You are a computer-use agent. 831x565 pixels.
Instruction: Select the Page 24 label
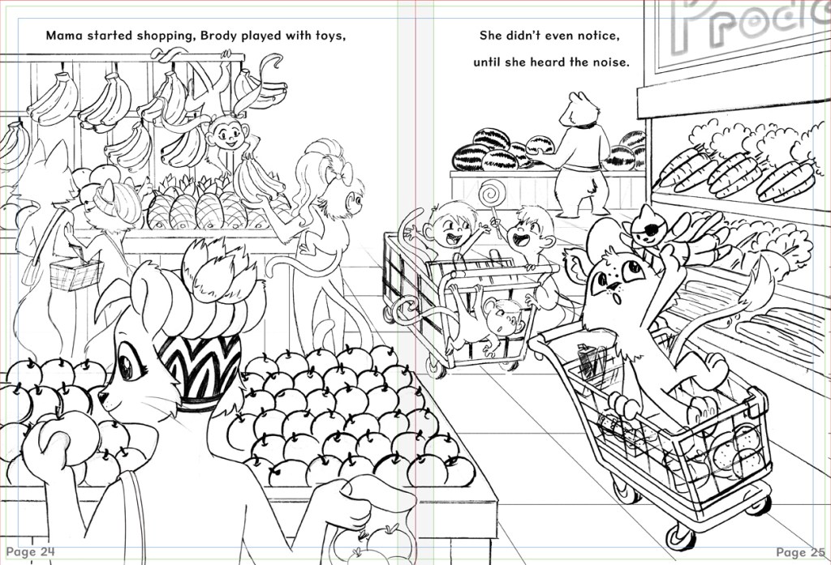30,552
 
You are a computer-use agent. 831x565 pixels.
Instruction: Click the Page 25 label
800,552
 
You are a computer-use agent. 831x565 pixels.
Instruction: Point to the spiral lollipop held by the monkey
490,195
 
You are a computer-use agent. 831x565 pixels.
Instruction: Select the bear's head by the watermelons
582,109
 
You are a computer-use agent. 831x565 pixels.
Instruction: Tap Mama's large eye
127,362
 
